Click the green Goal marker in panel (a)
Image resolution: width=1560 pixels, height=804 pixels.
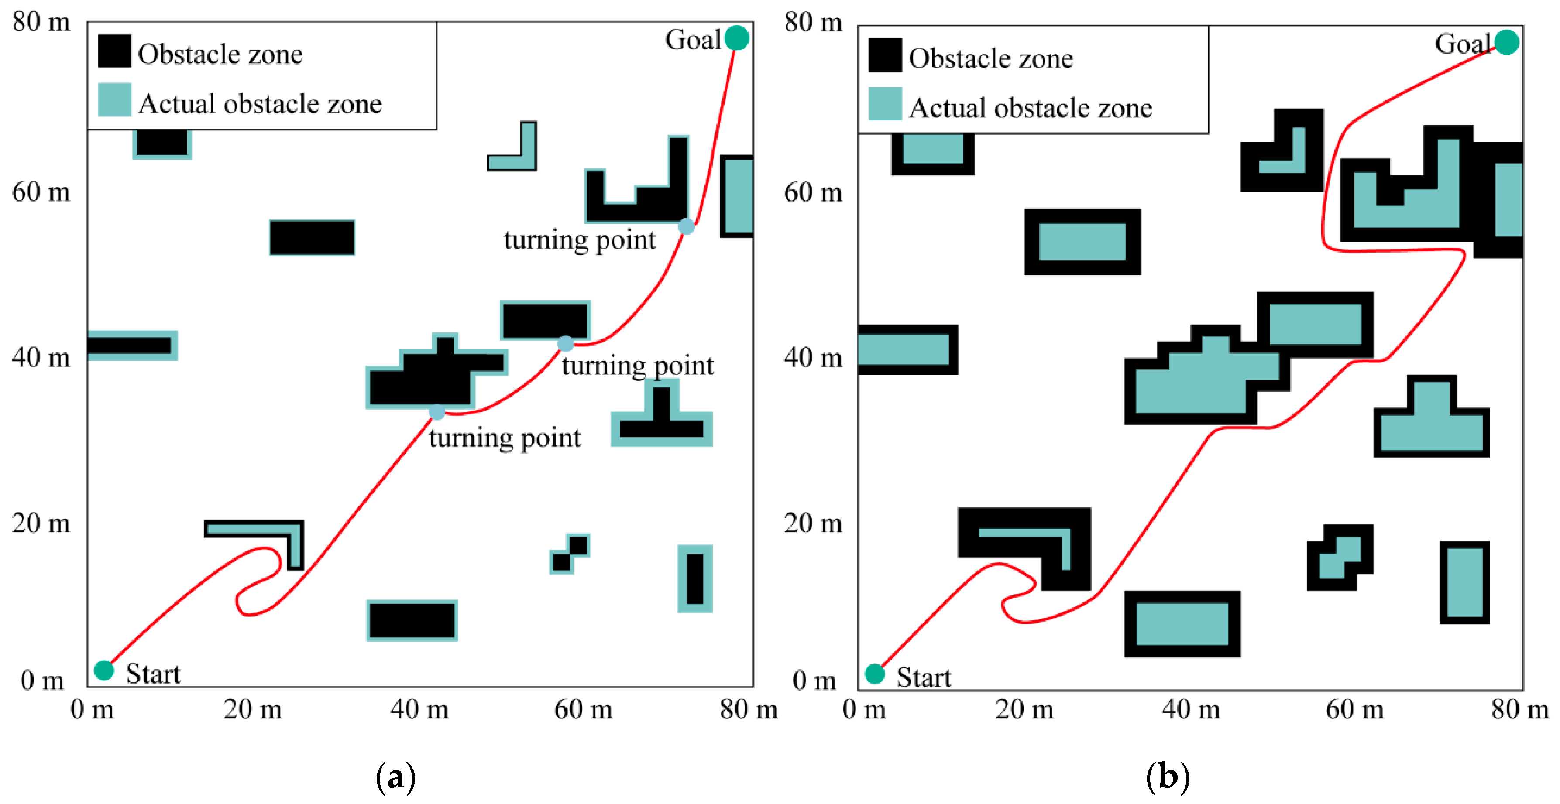(736, 38)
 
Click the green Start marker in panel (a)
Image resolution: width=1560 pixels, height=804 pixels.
(104, 670)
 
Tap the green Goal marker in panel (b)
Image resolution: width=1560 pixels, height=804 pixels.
(1506, 42)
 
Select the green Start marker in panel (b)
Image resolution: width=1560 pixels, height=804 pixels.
(874, 673)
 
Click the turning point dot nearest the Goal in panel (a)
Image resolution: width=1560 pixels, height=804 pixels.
(686, 226)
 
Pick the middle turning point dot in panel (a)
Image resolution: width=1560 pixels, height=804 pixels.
(565, 344)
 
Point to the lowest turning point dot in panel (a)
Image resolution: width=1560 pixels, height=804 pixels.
(436, 412)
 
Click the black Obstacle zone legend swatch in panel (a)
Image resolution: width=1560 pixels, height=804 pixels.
(114, 51)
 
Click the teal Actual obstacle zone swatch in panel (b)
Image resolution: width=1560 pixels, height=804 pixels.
(885, 103)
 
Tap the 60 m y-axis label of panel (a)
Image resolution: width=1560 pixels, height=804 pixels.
(41, 192)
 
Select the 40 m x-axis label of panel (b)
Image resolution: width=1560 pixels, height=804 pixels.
(1191, 709)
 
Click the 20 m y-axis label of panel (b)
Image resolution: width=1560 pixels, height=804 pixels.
(813, 523)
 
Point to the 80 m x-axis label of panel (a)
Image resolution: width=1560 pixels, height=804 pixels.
(749, 709)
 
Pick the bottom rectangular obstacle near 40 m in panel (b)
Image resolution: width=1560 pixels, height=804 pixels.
(1182, 623)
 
